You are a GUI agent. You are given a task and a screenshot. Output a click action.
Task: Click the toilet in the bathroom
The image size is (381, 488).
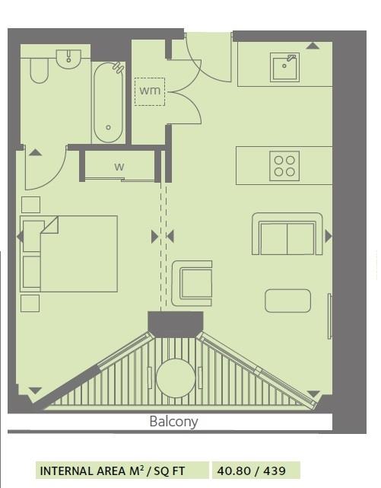pyautogui.click(x=39, y=72)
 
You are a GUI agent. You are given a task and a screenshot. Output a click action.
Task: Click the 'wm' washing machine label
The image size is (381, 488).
pyautogui.click(x=149, y=91)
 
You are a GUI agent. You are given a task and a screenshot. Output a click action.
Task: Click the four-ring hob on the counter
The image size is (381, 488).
pyautogui.click(x=284, y=166)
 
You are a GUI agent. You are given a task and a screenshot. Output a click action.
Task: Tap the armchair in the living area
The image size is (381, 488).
pyautogui.click(x=192, y=282)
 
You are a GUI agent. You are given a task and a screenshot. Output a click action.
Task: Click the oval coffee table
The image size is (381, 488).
pyautogui.click(x=287, y=301)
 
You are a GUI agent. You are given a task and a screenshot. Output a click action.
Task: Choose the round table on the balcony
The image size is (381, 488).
pyautogui.click(x=176, y=378)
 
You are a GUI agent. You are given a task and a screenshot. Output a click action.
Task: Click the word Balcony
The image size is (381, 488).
pyautogui.click(x=173, y=421)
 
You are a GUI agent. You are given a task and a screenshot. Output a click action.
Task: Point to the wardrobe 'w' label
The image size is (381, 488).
pyautogui.click(x=119, y=167)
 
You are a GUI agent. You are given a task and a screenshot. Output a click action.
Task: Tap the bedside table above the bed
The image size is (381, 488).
pyautogui.click(x=30, y=204)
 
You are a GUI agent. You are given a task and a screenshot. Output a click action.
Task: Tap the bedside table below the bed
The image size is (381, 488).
pyautogui.click(x=30, y=303)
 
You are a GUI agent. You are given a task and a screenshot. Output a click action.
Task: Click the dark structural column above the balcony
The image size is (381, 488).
pyautogui.click(x=176, y=323)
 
